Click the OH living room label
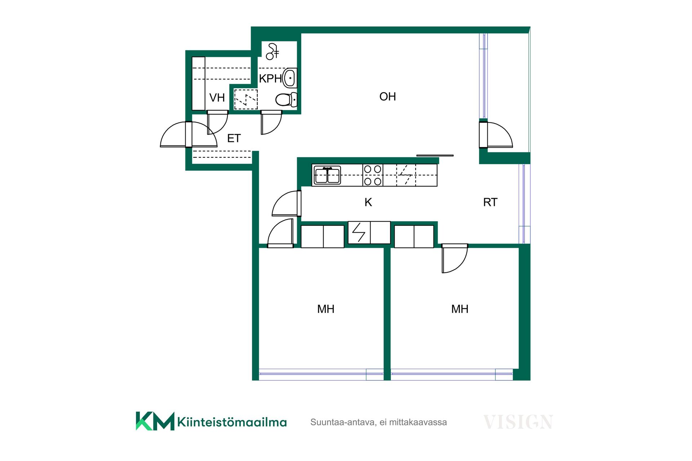pyautogui.click(x=387, y=97)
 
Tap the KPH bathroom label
pyautogui.click(x=270, y=79)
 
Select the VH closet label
pyautogui.click(x=217, y=98)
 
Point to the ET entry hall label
pyautogui.click(x=234, y=138)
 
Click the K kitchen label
pyautogui.click(x=368, y=202)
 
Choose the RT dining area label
pyautogui.click(x=490, y=202)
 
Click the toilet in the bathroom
pyautogui.click(x=287, y=100)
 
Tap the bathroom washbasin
pyautogui.click(x=290, y=78)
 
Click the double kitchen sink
pyautogui.click(x=327, y=175)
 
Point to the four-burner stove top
pyautogui.click(x=373, y=175)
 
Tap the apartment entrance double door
pyautogui.click(x=188, y=134)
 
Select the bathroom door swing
pyautogui.click(x=271, y=122)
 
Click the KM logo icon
pyautogui.click(x=155, y=421)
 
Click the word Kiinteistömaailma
pyautogui.click(x=232, y=422)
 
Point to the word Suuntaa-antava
pyautogui.click(x=343, y=422)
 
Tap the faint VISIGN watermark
pyautogui.click(x=518, y=422)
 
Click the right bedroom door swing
pyautogui.click(x=454, y=258)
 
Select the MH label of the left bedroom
pyautogui.click(x=326, y=309)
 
